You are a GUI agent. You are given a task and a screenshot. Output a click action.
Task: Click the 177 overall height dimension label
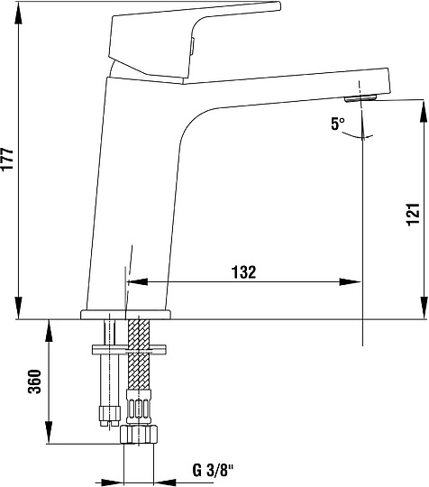pos(7,159)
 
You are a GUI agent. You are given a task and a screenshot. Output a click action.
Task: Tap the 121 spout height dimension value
pos(413,215)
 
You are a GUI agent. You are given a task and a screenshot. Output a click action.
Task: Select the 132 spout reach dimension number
pos(244,272)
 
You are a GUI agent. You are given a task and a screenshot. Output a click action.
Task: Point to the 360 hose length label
pos(34,381)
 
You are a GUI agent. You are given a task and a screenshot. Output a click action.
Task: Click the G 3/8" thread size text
pos(213,470)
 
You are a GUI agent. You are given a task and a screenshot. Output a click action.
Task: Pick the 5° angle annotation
pos(338,124)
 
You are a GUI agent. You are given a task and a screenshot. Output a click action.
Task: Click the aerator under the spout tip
pos(361,98)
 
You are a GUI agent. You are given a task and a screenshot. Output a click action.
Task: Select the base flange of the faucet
pos(125,315)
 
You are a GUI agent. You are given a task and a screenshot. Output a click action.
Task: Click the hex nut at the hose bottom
pos(139,435)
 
